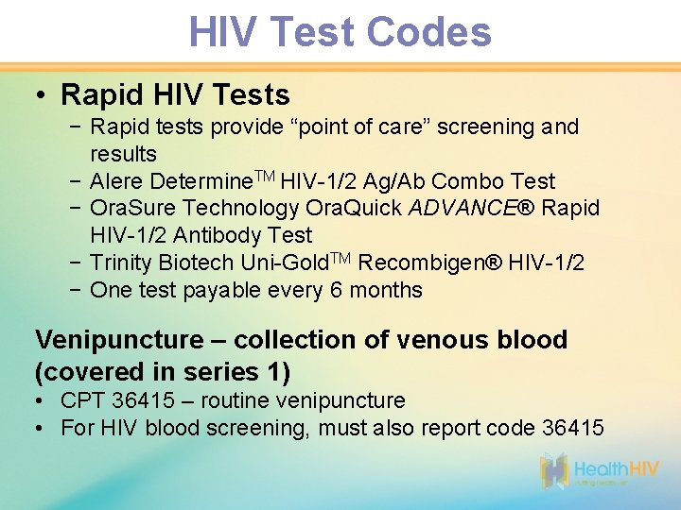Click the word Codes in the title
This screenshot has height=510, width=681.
[428, 31]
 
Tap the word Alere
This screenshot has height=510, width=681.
[115, 181]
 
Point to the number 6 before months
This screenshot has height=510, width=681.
[338, 290]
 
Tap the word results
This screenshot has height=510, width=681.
[123, 154]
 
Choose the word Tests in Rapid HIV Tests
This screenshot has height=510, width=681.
[252, 95]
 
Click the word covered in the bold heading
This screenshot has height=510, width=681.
[89, 371]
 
